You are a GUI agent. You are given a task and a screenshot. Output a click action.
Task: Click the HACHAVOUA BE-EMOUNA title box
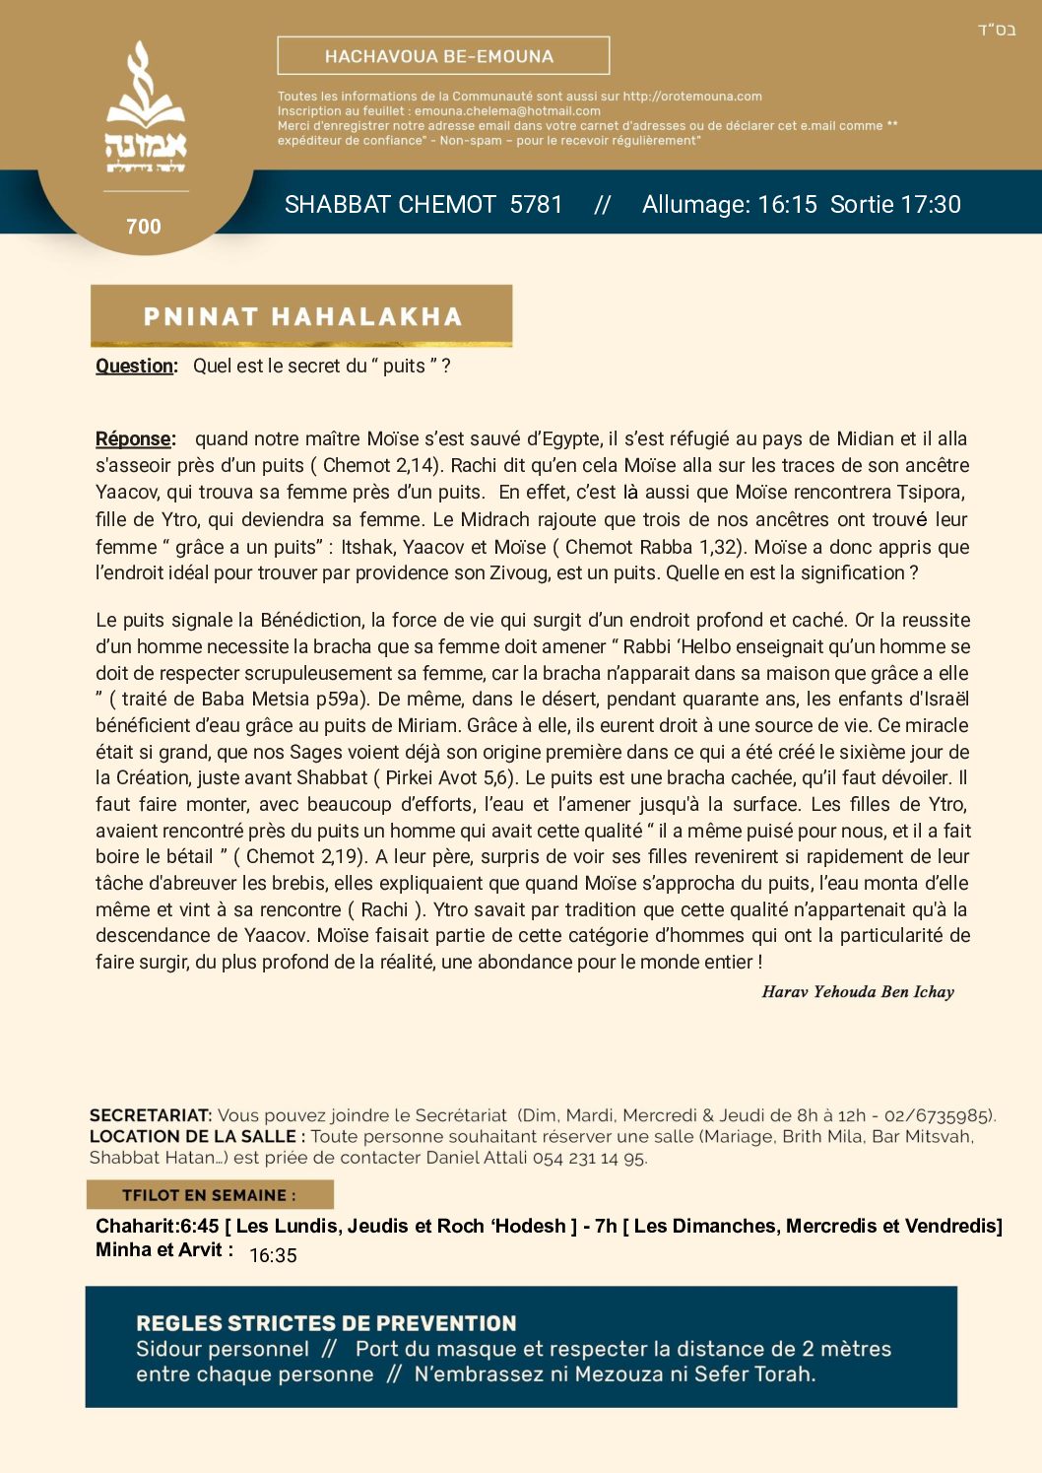tap(443, 56)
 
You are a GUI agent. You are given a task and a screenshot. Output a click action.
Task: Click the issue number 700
tap(144, 227)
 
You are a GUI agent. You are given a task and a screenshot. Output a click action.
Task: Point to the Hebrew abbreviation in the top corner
tap(996, 30)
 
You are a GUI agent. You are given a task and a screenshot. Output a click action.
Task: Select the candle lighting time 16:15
tap(787, 205)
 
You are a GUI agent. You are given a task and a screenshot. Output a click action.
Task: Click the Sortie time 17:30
tap(931, 205)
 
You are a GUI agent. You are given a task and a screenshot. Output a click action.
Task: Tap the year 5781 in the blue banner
tap(536, 205)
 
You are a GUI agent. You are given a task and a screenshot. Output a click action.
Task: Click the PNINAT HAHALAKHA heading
tap(302, 316)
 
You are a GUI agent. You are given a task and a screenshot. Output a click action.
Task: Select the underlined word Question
tap(136, 366)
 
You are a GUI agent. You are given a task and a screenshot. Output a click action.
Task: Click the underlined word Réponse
tap(135, 438)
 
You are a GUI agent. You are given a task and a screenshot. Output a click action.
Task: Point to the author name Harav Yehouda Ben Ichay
tap(858, 992)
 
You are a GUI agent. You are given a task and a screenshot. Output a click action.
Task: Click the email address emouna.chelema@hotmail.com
tap(507, 111)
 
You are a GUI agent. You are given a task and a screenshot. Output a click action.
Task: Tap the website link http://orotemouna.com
tap(692, 97)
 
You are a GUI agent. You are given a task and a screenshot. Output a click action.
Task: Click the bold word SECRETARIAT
tap(151, 1115)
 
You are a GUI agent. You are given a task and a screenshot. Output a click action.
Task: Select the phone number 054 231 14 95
tap(589, 1158)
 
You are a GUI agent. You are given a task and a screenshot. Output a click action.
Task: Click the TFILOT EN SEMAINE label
tap(209, 1195)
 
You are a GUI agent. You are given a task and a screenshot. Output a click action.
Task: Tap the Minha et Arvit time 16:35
tap(273, 1255)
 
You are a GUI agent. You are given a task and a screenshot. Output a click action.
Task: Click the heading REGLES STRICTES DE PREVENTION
tap(326, 1323)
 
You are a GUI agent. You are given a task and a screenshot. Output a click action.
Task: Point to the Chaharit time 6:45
tap(200, 1226)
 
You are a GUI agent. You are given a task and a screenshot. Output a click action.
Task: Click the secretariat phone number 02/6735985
tap(939, 1115)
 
